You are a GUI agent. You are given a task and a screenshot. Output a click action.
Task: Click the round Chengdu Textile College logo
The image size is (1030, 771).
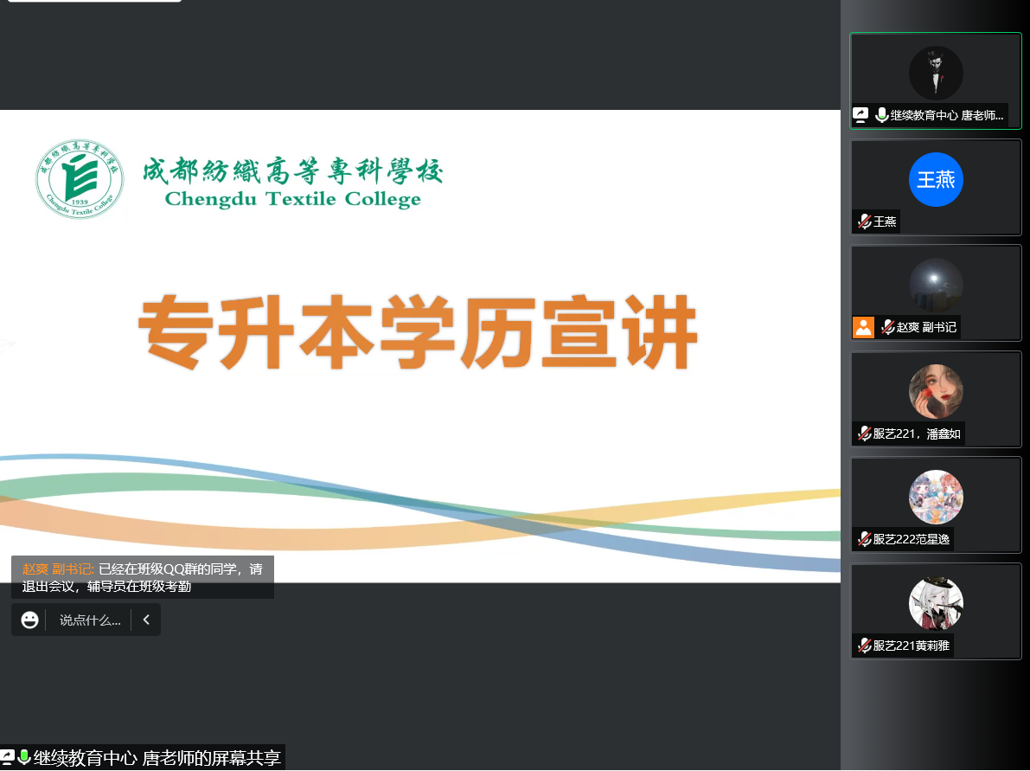coord(80,178)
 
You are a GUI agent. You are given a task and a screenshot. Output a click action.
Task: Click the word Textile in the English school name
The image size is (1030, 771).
coord(300,198)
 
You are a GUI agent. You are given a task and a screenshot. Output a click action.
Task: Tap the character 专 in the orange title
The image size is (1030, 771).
coord(176,332)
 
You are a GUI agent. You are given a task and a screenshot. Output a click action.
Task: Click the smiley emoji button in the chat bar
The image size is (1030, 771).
coord(29,620)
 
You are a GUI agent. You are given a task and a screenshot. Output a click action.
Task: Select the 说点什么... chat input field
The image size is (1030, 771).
coord(90,620)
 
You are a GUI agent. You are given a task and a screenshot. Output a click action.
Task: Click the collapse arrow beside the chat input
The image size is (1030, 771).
coord(146,620)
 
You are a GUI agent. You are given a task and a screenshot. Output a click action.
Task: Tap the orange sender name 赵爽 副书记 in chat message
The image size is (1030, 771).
coord(58,569)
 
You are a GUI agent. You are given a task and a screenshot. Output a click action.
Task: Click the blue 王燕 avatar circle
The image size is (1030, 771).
coord(936,179)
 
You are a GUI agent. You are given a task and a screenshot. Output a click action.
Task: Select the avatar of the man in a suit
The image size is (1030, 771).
coord(936,73)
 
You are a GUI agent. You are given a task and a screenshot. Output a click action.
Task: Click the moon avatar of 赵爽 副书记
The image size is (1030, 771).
coord(936,286)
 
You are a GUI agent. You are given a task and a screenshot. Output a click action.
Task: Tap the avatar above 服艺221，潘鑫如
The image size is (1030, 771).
coord(936,391)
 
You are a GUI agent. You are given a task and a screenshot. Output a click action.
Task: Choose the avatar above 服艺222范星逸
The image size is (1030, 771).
coord(936,497)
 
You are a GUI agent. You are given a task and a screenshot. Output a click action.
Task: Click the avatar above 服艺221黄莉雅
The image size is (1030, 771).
coord(936,603)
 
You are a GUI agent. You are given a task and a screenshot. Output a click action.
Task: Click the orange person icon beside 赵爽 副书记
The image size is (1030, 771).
coord(863,327)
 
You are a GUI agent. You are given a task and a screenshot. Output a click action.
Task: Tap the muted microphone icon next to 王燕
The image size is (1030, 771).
coord(865,222)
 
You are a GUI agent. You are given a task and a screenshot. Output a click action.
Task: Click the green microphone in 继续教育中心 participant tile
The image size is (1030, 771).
coord(881,115)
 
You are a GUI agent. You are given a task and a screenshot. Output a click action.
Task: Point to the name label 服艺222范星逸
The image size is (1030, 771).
coord(912,540)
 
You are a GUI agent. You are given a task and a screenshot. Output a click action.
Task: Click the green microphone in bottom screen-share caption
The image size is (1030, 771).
coord(24,757)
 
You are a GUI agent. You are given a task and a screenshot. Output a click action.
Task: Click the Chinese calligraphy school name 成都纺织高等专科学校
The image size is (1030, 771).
coord(293,170)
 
